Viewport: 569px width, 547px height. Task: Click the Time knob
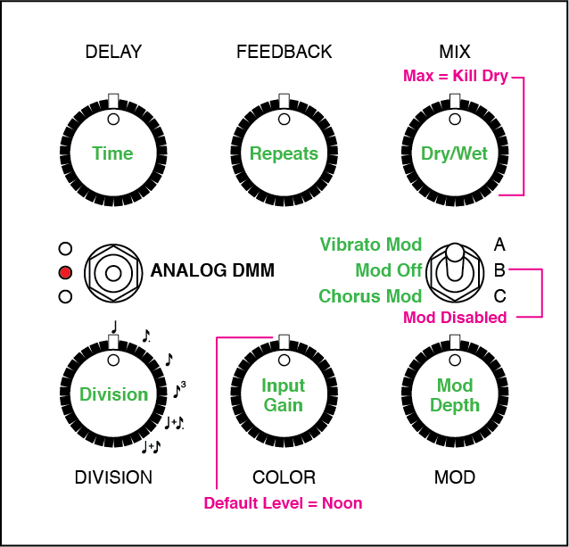coord(113,153)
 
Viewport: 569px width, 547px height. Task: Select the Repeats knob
coord(284,153)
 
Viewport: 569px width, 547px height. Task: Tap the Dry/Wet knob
coord(455,153)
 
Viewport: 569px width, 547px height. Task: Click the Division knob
coord(113,394)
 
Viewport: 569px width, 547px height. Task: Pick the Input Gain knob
coord(284,394)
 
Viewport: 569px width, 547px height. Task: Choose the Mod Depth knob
coord(455,394)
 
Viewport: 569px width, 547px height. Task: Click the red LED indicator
coord(64,272)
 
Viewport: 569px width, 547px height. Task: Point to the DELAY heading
coord(113,52)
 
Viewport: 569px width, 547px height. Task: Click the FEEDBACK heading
coord(284,52)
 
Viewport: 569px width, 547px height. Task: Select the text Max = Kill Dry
coord(455,77)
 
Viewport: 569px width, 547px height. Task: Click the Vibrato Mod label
coord(371,244)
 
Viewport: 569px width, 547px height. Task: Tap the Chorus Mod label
coord(370,296)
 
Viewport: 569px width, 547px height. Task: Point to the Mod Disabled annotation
coord(455,317)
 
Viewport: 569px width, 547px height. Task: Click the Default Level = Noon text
coord(283,502)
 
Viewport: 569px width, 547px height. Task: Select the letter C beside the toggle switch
coord(499,295)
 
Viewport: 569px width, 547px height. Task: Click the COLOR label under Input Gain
coord(284,477)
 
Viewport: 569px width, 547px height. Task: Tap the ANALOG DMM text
coord(212,270)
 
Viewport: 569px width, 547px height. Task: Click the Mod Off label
coord(388,270)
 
